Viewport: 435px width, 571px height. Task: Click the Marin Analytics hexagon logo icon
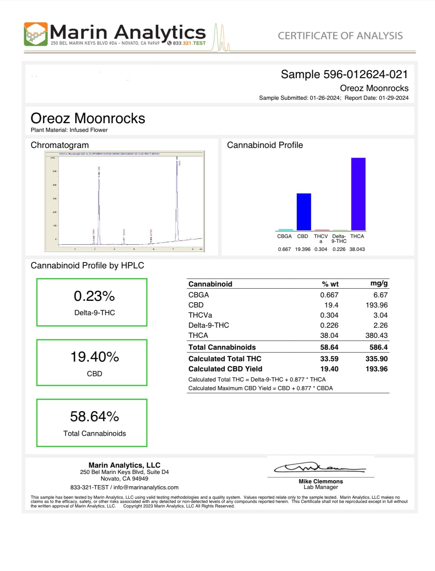coord(36,34)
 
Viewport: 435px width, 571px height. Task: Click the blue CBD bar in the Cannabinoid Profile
coord(304,212)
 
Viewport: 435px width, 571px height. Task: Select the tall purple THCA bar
coord(358,194)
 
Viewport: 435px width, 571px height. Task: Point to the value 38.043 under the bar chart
coord(357,249)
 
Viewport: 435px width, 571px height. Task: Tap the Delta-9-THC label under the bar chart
coord(339,239)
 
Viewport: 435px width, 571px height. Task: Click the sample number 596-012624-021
coord(365,74)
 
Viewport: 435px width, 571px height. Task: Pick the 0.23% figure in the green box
coord(94,296)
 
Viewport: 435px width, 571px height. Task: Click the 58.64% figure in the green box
coord(94,416)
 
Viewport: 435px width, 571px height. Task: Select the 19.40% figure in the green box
coord(94,357)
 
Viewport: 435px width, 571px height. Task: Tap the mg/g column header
coord(379,283)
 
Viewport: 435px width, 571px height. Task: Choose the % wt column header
coord(330,284)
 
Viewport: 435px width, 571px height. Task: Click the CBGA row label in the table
coord(198,295)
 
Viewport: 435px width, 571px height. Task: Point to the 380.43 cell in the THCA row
coord(376,335)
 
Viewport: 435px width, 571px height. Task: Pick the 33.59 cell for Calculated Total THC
coord(329,359)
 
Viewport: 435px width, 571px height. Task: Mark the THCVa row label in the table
coord(200,315)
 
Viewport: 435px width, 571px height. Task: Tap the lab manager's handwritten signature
coord(320,468)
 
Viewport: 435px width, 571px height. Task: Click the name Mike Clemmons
coord(320,481)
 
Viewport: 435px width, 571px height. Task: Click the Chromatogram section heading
coord(60,145)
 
